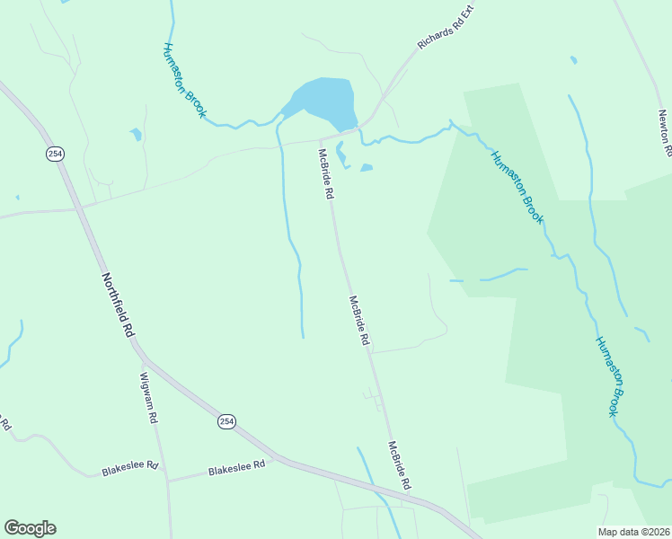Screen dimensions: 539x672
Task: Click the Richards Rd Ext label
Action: pos(445,29)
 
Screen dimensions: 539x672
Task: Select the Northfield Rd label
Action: pos(118,305)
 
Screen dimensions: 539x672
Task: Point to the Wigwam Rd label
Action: pos(148,398)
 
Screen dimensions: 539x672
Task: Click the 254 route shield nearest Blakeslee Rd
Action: pos(226,421)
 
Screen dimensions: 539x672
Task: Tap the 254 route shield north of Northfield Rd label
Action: pos(56,154)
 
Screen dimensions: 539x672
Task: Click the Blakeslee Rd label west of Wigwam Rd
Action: pos(129,467)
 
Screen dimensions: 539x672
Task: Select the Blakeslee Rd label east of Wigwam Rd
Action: pos(236,467)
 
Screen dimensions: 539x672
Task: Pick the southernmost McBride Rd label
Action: pos(400,464)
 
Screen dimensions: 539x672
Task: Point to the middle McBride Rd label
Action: pos(359,322)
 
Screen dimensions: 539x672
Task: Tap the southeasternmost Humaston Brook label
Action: pos(608,376)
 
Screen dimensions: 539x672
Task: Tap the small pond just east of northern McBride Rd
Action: pos(366,167)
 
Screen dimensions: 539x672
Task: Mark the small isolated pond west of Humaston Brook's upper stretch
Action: pos(136,135)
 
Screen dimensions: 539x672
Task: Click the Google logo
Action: pos(30,528)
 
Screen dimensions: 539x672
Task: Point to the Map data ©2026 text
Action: pos(633,532)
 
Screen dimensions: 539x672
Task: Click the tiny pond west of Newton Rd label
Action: pos(573,60)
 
